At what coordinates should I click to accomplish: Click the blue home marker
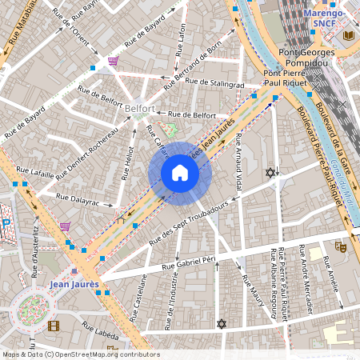[x=180, y=173]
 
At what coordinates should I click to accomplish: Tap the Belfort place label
[x=140, y=107]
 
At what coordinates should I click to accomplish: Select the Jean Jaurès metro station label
[x=74, y=284]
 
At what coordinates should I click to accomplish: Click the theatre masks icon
[x=340, y=248]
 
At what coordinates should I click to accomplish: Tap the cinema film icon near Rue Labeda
[x=53, y=326]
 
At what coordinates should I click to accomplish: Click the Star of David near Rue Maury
[x=222, y=323]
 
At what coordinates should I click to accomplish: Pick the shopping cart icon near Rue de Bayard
[x=114, y=61]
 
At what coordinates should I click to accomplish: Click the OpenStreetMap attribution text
[x=80, y=354]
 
